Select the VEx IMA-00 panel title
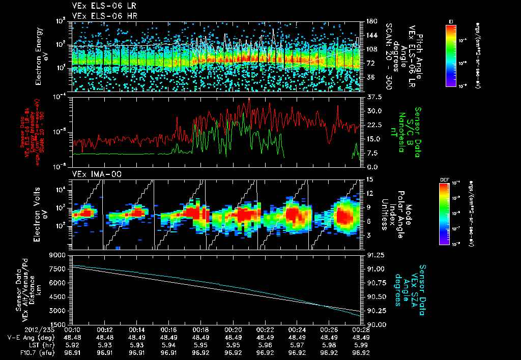93,174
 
